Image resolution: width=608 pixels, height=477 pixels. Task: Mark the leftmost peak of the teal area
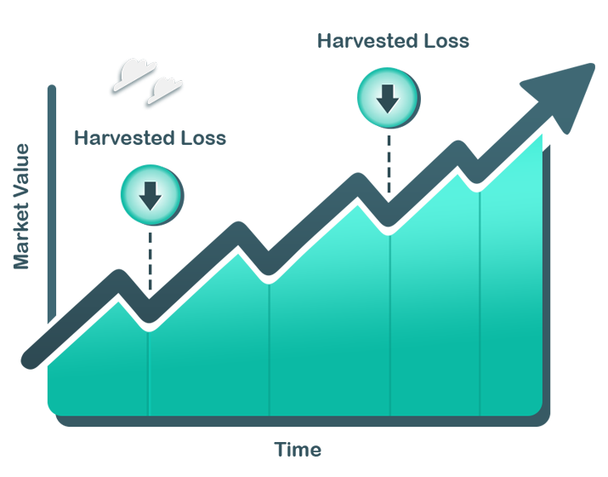118,300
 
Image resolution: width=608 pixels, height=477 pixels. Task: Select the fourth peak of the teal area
460,171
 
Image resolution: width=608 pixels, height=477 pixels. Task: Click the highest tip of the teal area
547,132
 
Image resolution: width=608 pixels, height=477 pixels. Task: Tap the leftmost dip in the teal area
149,325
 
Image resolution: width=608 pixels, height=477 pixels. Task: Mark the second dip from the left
269,278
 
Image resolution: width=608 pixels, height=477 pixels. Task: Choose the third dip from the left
389,228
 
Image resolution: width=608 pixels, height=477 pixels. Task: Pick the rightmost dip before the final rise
480,187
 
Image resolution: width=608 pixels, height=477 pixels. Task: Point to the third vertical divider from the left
389,323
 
